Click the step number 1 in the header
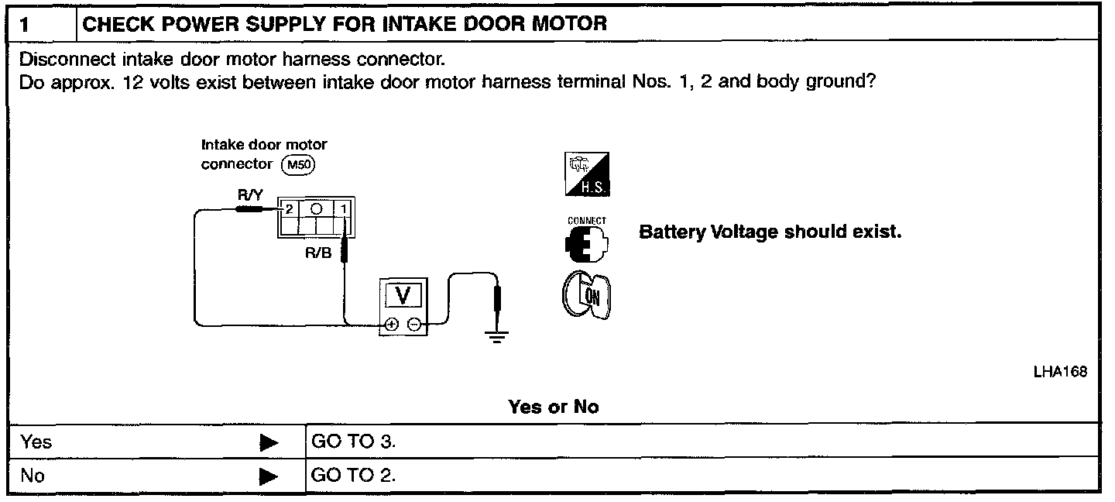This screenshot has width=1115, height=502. point(26,24)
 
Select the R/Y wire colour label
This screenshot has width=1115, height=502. point(249,197)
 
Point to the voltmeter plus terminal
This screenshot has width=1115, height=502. point(392,325)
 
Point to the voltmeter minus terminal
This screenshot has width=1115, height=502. point(414,325)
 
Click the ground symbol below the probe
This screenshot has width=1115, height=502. point(496,336)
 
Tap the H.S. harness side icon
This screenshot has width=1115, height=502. point(588,174)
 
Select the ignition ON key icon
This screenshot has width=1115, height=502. point(586,297)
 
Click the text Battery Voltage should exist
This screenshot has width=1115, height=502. point(770,232)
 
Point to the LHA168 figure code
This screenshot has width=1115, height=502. point(1060,373)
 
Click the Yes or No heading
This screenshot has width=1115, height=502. point(553,407)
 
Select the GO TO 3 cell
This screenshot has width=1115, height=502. point(353,442)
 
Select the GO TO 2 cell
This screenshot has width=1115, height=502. point(353,475)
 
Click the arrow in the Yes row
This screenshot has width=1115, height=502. point(269,443)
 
